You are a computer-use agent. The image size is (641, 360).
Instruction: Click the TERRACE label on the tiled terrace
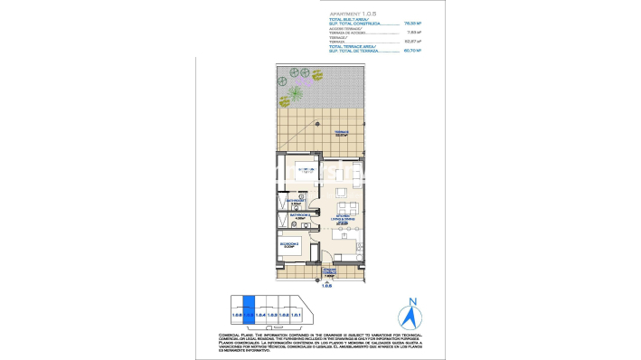[x=342, y=132]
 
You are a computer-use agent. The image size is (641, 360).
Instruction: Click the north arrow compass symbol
[x=412, y=317]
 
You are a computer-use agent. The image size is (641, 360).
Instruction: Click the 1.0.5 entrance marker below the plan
[x=328, y=286]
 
